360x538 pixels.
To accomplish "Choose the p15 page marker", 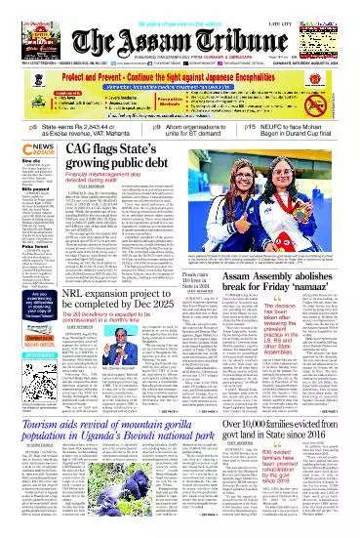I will [251, 126].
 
